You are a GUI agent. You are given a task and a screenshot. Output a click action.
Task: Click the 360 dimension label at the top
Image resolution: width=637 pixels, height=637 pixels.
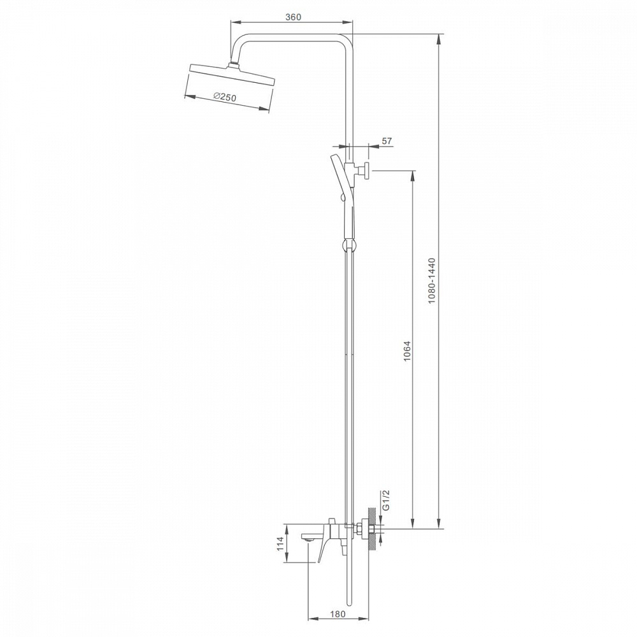coord(293,17)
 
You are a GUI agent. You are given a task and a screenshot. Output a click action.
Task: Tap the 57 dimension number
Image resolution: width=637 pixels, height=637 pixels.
coord(387,141)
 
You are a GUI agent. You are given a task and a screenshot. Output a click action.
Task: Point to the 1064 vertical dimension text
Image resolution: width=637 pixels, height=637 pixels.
coord(408,351)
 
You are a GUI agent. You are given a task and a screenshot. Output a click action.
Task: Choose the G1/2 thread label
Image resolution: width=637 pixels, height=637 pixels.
coord(386,500)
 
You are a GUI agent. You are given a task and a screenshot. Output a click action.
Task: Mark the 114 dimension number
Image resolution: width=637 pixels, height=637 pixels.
coord(280,544)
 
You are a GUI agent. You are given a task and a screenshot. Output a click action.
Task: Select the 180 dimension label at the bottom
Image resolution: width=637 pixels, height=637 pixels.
coord(337,614)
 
